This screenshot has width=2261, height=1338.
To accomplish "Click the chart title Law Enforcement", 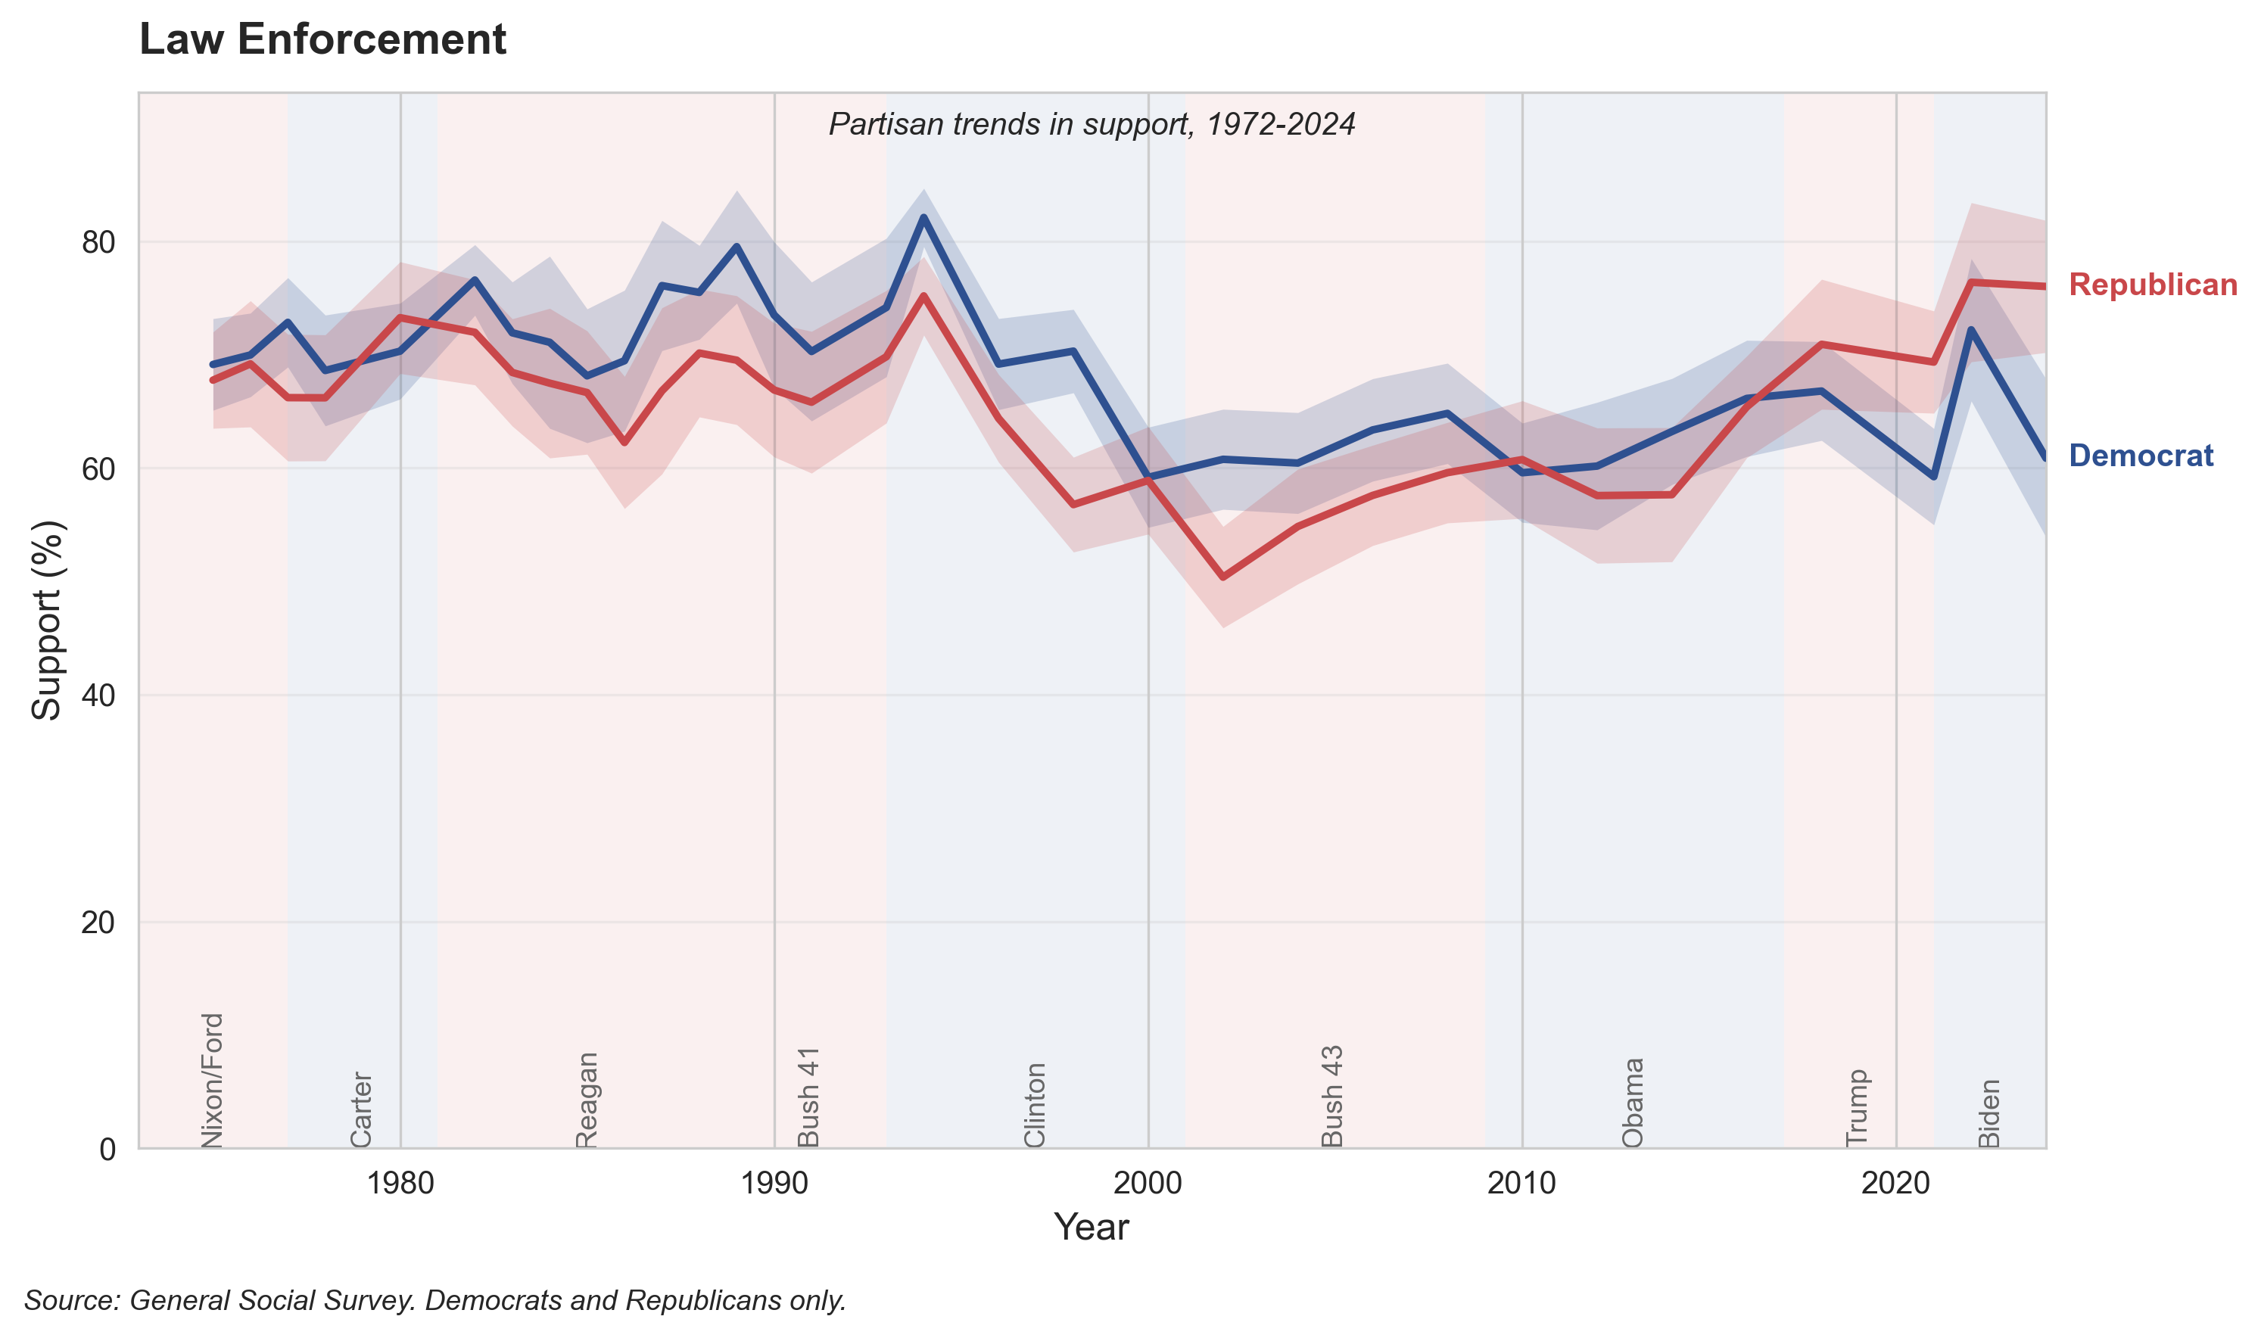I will coord(322,39).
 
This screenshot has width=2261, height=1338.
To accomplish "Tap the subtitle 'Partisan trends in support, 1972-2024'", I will coord(1091,124).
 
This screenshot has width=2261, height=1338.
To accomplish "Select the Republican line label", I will coord(2152,285).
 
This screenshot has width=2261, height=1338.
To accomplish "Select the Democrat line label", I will coord(2139,456).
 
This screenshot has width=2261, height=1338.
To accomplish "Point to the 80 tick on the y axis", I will coord(98,242).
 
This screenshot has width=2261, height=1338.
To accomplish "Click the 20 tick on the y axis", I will coord(98,923).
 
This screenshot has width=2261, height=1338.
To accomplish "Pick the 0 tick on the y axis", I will coord(107,1150).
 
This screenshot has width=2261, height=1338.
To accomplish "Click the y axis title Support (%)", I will coord(47,621).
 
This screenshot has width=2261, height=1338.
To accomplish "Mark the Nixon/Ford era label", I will coord(212,1080).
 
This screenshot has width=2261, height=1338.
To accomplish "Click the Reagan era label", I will coord(587,1100).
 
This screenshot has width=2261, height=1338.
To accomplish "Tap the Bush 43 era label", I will coord(1332,1097).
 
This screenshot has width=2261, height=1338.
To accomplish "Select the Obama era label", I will coord(1633,1103).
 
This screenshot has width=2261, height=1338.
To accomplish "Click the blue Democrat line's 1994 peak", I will coord(923,217).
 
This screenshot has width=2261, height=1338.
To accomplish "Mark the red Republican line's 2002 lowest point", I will coord(1222,577).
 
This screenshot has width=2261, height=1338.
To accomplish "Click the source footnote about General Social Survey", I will coord(434,1301).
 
